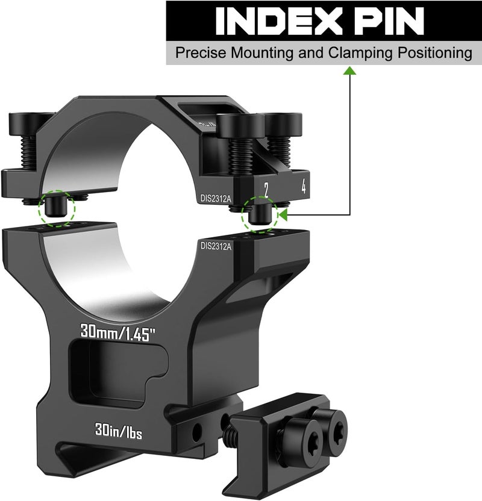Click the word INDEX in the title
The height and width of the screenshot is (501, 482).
coord(277,22)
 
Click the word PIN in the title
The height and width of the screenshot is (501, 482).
coord(388,22)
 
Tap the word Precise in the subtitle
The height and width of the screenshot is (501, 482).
coord(201,52)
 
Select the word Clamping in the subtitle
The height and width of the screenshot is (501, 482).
coord(360,53)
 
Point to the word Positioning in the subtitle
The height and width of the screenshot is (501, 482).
coord(434,53)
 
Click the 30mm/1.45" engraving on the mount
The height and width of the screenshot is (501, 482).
coord(117,332)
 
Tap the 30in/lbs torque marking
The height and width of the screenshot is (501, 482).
coord(119,432)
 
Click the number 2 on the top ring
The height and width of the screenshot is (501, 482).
coord(266,190)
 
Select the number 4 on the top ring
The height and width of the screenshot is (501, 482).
coord(303,186)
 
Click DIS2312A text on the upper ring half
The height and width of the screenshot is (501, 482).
coord(216,199)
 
